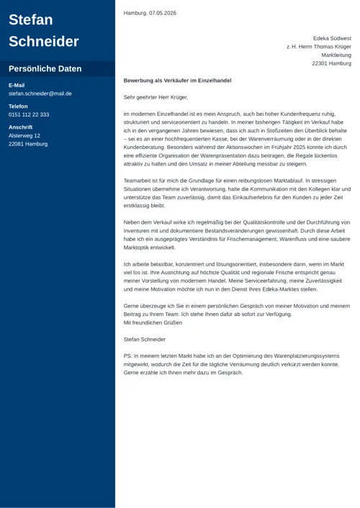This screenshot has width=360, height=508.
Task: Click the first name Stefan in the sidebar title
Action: (x=31, y=19)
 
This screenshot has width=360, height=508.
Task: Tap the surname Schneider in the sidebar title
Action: (x=44, y=41)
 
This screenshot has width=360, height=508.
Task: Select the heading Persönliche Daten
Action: (x=45, y=69)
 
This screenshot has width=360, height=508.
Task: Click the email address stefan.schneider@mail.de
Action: (x=40, y=94)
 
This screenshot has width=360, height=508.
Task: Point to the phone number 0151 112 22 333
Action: (x=29, y=114)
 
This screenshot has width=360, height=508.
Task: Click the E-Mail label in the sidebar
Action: (x=17, y=85)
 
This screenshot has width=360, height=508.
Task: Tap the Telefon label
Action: (x=18, y=106)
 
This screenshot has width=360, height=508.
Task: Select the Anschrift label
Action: (x=20, y=127)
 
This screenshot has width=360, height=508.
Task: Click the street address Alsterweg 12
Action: (x=24, y=135)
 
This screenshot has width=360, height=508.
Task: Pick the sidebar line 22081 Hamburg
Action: (x=28, y=144)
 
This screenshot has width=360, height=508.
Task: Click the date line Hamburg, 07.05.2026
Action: (x=150, y=13)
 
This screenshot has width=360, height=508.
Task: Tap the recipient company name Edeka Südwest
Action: (x=332, y=38)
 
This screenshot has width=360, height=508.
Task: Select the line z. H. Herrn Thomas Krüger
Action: (x=319, y=46)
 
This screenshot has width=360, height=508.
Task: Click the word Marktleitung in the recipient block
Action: (x=336, y=55)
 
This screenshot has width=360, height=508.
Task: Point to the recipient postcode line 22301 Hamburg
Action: (x=331, y=63)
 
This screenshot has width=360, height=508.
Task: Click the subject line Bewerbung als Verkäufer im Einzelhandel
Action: (x=177, y=81)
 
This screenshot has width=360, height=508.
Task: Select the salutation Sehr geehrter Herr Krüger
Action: (x=156, y=96)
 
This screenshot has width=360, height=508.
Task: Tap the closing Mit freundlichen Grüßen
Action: (x=153, y=323)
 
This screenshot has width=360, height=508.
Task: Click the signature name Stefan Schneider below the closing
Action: (x=144, y=339)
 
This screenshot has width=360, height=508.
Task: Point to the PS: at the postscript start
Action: (x=128, y=355)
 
